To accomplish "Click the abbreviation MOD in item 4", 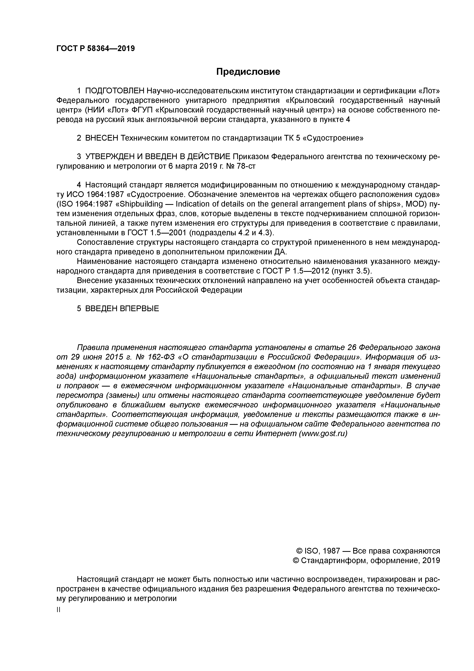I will [411, 204].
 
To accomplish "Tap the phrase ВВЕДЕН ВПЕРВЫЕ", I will [122, 308].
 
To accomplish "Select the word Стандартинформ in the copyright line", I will [333, 560].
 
